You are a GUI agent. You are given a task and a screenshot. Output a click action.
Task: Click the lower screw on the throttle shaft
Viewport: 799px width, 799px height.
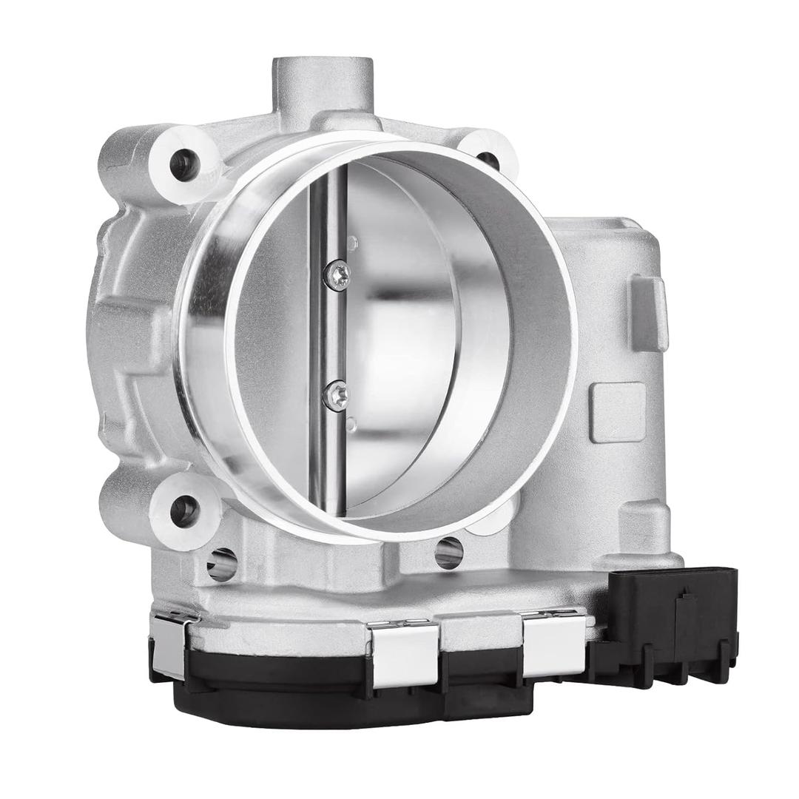(x=336, y=394)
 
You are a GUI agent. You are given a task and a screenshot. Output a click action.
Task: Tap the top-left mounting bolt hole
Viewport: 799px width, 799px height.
(x=183, y=164)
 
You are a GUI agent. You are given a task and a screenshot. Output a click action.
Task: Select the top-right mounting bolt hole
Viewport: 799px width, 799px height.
(x=488, y=160)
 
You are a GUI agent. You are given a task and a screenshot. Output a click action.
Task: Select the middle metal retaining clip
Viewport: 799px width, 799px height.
(x=402, y=652)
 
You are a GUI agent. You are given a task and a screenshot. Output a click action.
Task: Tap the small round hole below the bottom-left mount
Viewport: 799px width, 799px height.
(x=222, y=564)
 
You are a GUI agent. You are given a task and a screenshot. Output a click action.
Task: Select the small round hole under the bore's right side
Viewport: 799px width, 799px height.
(x=448, y=552)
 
